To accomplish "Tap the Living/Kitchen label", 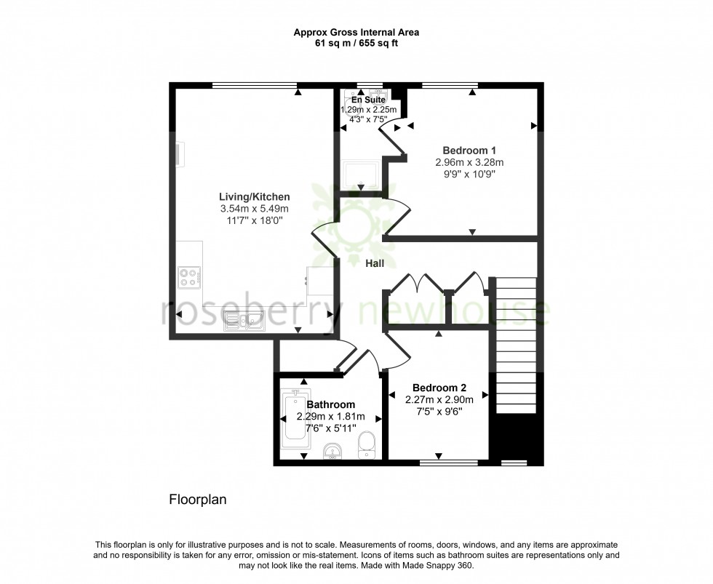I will (255, 197).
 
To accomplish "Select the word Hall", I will (375, 264).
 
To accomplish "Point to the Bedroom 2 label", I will (439, 388).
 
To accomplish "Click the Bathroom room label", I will (330, 405).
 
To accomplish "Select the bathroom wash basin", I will (333, 451).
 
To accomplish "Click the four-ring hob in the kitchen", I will (190, 276).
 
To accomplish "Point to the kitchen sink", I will (244, 320).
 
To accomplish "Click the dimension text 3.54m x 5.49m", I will (255, 209).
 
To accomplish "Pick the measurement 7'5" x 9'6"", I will (439, 412).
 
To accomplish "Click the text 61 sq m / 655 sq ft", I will (356, 43).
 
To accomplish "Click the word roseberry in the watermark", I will (255, 313).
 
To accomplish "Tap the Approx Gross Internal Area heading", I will (356, 32).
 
